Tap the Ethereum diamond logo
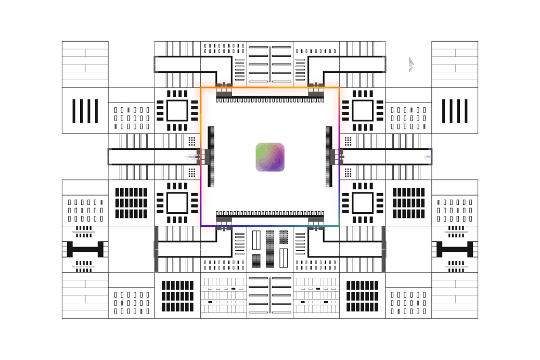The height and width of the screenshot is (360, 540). point(409,65)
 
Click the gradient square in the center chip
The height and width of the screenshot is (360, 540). point(270,157)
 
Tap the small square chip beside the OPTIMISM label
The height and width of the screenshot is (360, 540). point(177,110)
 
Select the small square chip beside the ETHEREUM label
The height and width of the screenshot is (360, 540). point(363,110)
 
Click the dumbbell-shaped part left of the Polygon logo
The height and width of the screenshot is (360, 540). point(85,249)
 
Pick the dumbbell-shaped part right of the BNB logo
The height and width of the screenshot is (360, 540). point(455,249)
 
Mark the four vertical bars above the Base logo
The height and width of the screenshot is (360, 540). point(85,110)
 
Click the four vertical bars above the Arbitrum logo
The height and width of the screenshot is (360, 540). point(455,110)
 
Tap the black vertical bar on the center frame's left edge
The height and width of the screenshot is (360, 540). point(211,156)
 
